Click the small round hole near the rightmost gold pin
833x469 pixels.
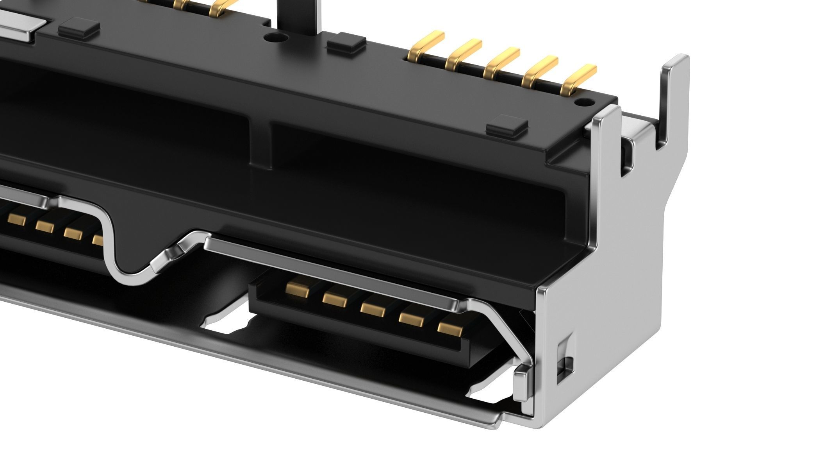click(582, 103)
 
